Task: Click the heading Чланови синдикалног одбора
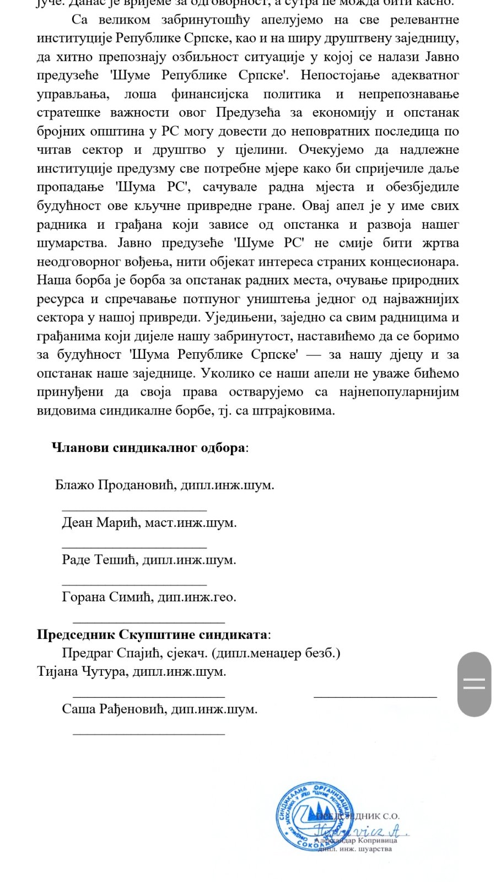(149, 448)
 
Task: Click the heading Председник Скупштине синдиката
(153, 634)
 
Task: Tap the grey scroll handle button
(474, 684)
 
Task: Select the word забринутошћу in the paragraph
(204, 20)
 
